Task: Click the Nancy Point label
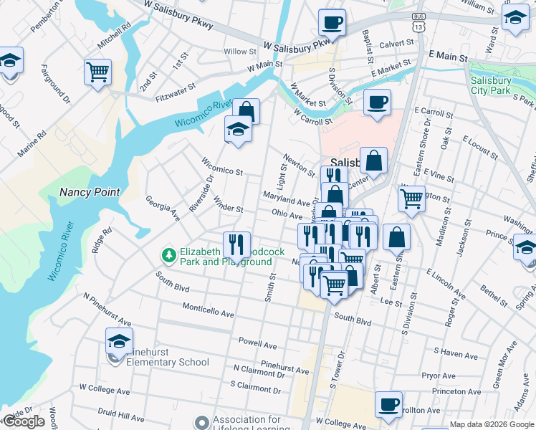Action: (90, 192)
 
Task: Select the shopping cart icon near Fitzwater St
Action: (97, 72)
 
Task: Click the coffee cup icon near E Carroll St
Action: (377, 102)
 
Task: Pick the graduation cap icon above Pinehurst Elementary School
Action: (119, 340)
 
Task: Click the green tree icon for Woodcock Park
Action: (168, 254)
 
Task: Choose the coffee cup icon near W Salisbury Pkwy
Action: (332, 22)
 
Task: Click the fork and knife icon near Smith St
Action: (235, 244)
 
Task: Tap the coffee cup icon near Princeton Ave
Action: (388, 404)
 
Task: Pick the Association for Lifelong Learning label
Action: (246, 424)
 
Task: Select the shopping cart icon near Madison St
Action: (411, 199)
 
